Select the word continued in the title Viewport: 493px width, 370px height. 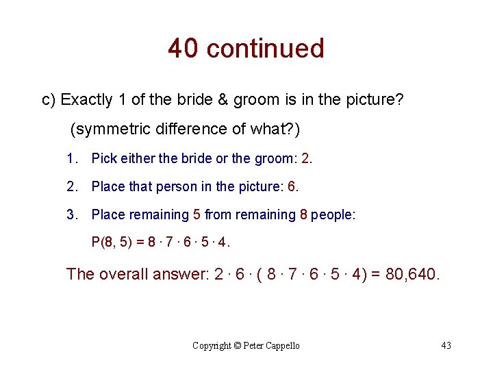265,49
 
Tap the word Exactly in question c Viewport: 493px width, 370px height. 86,100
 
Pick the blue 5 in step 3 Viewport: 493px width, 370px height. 197,214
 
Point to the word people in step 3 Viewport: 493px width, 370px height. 333,214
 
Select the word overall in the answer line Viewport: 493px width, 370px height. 131,274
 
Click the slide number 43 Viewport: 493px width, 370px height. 446,346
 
